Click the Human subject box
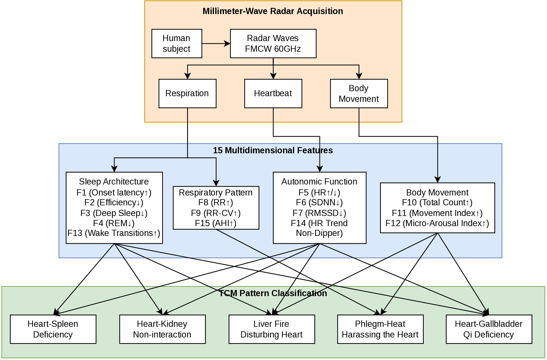[x=177, y=44]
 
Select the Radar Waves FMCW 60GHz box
[x=273, y=44]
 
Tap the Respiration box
[x=187, y=93]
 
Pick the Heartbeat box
[x=273, y=93]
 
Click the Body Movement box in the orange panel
[x=359, y=93]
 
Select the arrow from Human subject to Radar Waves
[x=216, y=44]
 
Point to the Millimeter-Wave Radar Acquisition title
[x=273, y=11]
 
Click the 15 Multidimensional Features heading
[x=273, y=150]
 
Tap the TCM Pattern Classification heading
[x=273, y=293]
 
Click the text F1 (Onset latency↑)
[x=114, y=192]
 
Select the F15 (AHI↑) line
[x=216, y=223]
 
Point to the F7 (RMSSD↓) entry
[x=319, y=213]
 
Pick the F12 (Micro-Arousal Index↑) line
[x=437, y=223]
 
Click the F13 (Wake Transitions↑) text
[x=114, y=233]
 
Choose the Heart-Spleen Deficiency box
[x=53, y=329]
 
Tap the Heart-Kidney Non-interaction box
[x=162, y=329]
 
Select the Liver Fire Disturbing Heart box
[x=272, y=329]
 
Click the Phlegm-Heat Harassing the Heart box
[x=380, y=329]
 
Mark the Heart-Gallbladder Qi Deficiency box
[x=489, y=329]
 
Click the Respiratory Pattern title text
[x=216, y=192]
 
